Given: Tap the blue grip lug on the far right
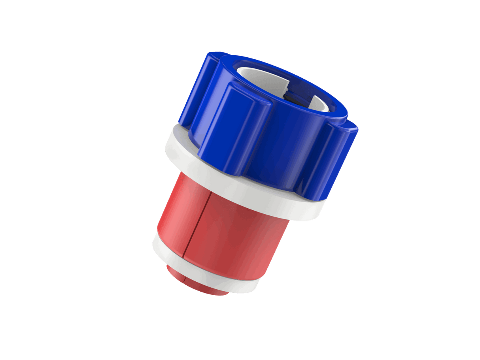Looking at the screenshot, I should coord(336,158).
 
